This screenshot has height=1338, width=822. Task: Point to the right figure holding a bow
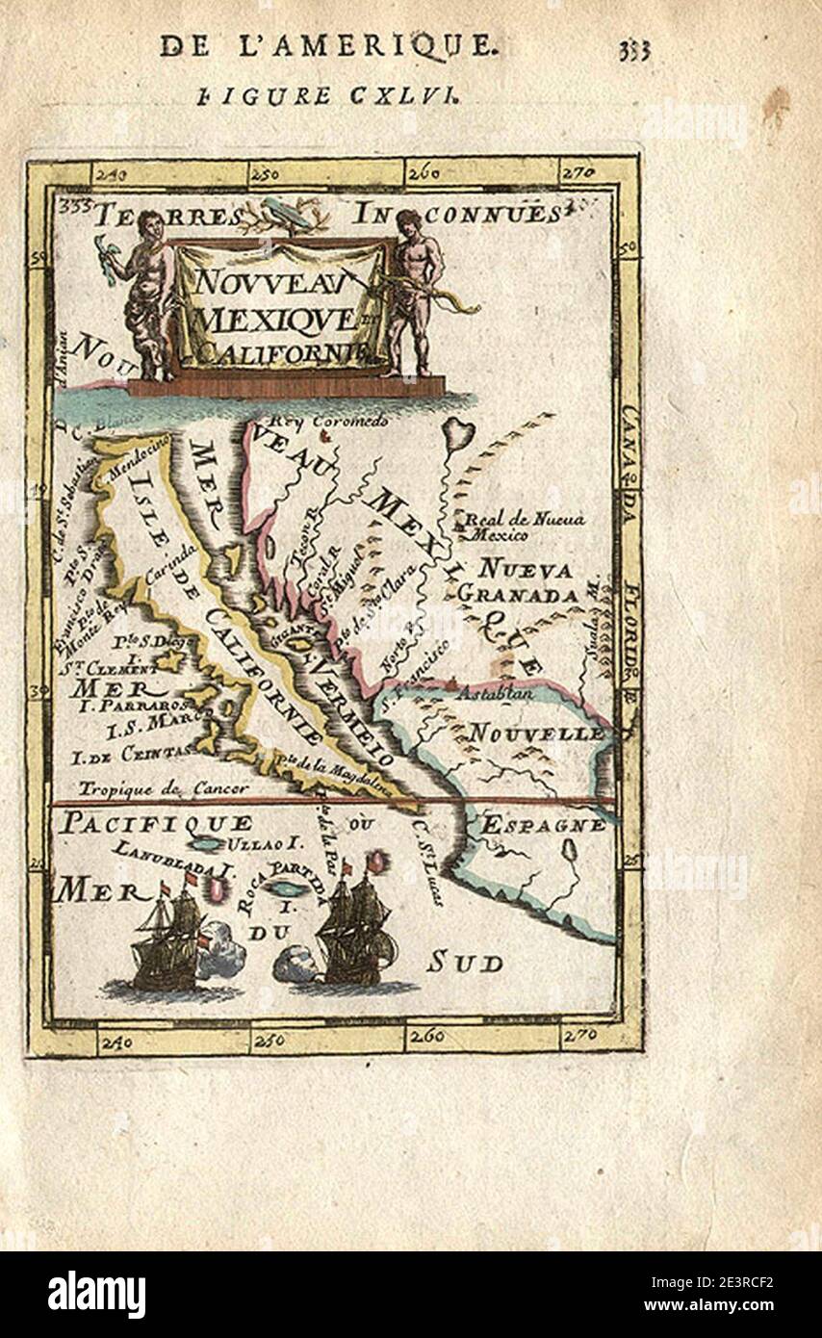(x=416, y=289)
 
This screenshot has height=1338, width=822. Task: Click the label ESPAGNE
(x=543, y=825)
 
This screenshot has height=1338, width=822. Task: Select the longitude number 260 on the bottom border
(x=424, y=1036)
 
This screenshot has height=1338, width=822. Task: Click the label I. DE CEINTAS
(x=132, y=756)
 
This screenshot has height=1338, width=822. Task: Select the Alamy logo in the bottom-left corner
(x=96, y=1295)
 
